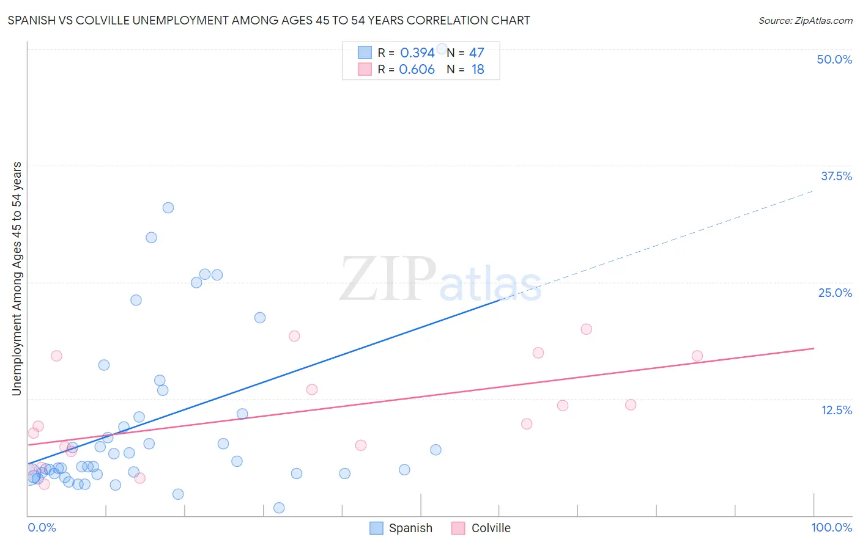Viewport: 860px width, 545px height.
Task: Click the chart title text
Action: (269, 20)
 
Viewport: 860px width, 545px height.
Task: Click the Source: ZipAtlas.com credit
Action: (805, 20)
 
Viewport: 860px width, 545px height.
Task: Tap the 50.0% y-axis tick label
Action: (834, 59)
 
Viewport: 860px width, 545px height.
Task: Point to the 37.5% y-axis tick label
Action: (836, 176)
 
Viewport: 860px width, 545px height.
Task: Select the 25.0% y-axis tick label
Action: (835, 293)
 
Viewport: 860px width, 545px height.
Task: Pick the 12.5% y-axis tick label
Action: (836, 410)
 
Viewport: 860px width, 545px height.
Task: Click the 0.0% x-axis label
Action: (42, 527)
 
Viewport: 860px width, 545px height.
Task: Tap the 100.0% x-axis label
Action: (831, 527)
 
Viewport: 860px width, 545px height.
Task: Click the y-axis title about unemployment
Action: (17, 279)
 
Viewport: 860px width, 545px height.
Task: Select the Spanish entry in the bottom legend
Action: (401, 528)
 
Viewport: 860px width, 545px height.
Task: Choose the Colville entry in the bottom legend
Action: (481, 528)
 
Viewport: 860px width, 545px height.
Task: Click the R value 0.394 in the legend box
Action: (417, 53)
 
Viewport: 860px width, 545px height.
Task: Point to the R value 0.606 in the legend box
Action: (417, 69)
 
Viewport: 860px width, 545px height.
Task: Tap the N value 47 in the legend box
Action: (476, 53)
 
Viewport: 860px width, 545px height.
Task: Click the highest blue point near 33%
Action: (168, 208)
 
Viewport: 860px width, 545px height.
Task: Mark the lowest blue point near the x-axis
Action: (279, 508)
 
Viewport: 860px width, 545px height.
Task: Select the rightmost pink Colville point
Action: (697, 356)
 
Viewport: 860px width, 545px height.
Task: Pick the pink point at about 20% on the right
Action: (586, 329)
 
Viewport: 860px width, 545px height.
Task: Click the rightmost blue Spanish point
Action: (436, 450)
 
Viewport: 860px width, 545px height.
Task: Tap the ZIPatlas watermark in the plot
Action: (440, 280)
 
